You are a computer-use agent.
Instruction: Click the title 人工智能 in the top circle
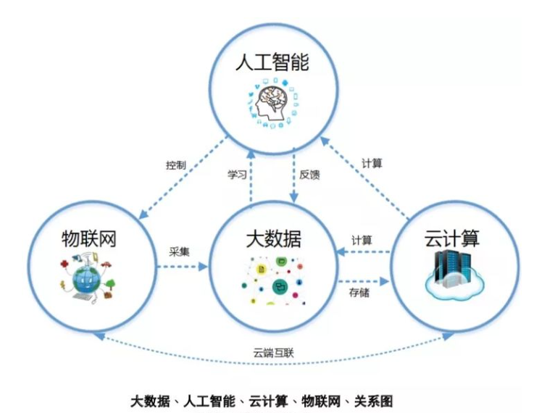tap(272, 63)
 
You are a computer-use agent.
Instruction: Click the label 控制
tap(175, 165)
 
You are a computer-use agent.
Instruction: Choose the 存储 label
tap(360, 292)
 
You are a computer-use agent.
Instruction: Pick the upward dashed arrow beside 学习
tap(251, 174)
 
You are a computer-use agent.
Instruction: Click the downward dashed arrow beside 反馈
tap(293, 174)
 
